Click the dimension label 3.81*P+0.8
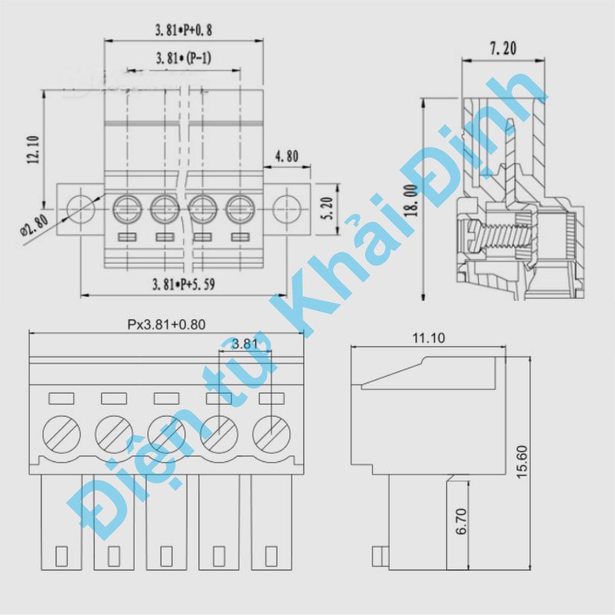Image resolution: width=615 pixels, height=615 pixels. (x=184, y=31)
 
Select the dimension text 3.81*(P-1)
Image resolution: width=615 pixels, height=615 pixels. (x=184, y=59)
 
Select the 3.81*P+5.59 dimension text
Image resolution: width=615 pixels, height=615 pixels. (x=184, y=284)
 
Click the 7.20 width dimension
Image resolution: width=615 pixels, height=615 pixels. (x=503, y=49)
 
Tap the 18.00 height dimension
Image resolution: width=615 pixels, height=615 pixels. (x=411, y=199)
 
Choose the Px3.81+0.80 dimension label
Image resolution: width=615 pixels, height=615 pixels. (x=165, y=324)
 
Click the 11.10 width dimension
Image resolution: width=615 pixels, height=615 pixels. (x=428, y=338)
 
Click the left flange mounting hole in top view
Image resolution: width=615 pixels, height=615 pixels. (x=78, y=207)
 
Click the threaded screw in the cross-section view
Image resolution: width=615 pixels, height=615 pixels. (x=495, y=237)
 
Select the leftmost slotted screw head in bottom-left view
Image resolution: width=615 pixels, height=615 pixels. (x=59, y=432)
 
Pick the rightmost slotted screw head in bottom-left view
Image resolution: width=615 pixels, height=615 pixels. (x=271, y=432)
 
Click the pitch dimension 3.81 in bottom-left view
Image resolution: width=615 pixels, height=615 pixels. (x=245, y=344)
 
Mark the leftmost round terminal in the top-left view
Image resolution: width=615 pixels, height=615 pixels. (x=127, y=208)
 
